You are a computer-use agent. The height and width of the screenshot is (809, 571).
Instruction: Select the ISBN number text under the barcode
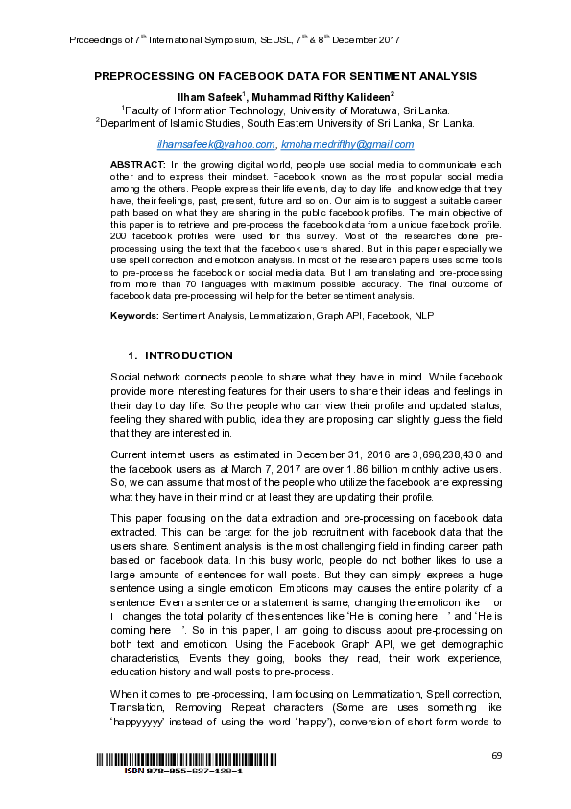point(183,772)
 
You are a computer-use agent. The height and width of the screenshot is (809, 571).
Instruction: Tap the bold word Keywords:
point(134,315)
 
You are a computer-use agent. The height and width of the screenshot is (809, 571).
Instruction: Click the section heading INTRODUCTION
point(188,355)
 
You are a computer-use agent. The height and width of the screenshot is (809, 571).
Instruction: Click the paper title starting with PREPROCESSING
point(285,76)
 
